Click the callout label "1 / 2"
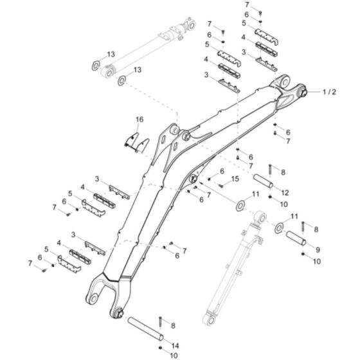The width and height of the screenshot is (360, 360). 328,92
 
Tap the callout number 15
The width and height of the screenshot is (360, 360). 235,179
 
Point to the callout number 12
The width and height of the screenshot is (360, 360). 285,192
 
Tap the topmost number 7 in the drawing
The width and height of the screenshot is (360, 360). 247,4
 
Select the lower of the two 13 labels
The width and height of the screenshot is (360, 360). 137,69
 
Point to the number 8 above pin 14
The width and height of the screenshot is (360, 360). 172,327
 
